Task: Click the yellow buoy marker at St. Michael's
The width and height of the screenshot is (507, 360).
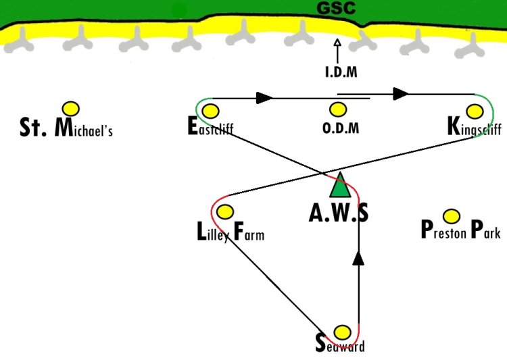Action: click(x=71, y=109)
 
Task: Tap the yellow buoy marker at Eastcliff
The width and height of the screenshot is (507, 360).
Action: click(x=210, y=111)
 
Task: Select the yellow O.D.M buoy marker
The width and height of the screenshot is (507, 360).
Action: click(x=338, y=109)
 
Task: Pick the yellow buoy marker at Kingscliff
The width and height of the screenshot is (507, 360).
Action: click(x=475, y=111)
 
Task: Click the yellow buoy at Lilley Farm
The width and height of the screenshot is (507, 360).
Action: click(x=225, y=211)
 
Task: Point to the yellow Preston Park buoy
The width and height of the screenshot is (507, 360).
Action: click(x=452, y=216)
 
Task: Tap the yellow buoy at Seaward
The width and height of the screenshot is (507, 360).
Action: click(x=342, y=332)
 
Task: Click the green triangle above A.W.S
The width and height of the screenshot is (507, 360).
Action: click(x=340, y=185)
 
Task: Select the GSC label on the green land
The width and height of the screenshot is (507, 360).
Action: click(x=336, y=7)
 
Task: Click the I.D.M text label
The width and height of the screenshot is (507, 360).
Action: click(x=341, y=72)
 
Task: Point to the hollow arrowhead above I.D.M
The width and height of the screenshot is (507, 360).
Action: click(x=337, y=43)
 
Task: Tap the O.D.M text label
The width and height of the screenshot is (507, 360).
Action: click(x=341, y=128)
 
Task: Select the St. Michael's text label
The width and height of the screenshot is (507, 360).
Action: click(x=66, y=128)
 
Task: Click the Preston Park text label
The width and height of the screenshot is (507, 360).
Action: click(x=461, y=230)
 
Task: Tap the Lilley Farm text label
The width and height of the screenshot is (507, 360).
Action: click(x=231, y=232)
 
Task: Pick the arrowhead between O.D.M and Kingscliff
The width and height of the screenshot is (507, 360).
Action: click(x=401, y=94)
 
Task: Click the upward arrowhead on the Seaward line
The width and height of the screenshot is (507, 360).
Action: click(x=358, y=259)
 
